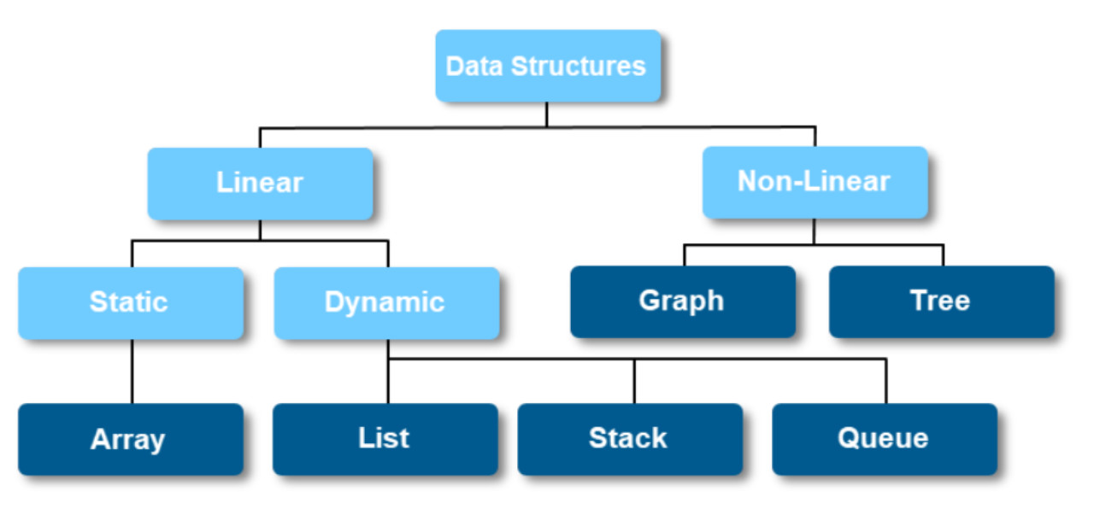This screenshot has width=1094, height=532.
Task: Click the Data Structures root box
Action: (x=548, y=66)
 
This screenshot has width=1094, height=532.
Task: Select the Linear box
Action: (x=261, y=184)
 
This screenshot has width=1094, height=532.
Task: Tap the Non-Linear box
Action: (x=815, y=182)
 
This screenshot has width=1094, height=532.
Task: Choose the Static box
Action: (x=131, y=303)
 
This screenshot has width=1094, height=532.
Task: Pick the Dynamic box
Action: (x=387, y=303)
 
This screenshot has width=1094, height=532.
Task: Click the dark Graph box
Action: (x=683, y=301)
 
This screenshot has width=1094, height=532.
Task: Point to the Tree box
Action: (x=942, y=301)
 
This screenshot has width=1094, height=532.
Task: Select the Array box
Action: (x=131, y=439)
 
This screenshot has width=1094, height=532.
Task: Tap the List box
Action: (x=385, y=439)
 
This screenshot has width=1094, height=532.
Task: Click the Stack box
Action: (x=630, y=439)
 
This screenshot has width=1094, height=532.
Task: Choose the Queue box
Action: (x=885, y=439)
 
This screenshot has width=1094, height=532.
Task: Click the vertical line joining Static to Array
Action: (x=132, y=371)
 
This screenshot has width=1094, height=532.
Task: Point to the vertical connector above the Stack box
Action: (x=634, y=381)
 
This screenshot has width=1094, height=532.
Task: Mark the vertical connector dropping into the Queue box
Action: (x=886, y=381)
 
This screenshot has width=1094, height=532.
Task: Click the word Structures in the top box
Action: (x=579, y=66)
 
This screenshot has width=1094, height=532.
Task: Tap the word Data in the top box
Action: (x=473, y=66)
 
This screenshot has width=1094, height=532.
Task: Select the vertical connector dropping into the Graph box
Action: (x=685, y=255)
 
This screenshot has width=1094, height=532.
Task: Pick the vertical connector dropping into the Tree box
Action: (x=943, y=255)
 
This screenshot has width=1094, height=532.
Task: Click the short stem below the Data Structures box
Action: (x=546, y=114)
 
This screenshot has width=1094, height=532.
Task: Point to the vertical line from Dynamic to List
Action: (x=388, y=371)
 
